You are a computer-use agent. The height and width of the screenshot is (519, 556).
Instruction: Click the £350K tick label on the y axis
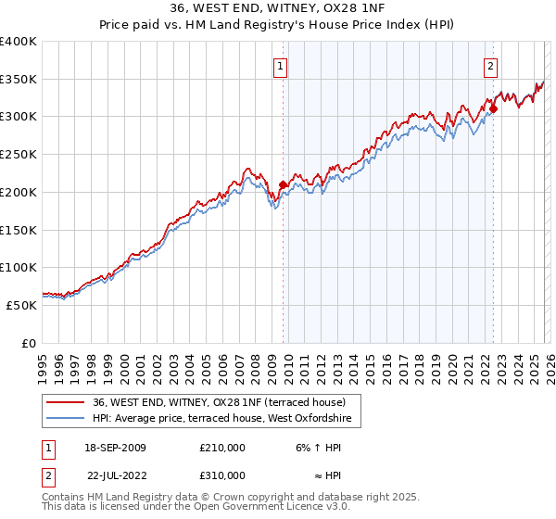click(18, 80)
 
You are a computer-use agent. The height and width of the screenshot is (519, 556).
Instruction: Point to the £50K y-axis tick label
click(20, 305)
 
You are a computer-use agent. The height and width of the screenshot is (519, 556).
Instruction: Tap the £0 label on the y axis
click(29, 343)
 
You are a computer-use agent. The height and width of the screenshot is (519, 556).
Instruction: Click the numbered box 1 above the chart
click(281, 66)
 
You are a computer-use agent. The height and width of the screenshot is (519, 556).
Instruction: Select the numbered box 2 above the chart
click(490, 66)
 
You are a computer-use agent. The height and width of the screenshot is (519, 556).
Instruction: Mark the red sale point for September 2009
click(283, 184)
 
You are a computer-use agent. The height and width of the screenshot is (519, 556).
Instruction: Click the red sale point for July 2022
click(493, 108)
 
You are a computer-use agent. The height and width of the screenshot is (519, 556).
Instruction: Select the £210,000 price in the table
click(221, 448)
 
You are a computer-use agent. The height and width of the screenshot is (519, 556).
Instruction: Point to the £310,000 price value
click(221, 475)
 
